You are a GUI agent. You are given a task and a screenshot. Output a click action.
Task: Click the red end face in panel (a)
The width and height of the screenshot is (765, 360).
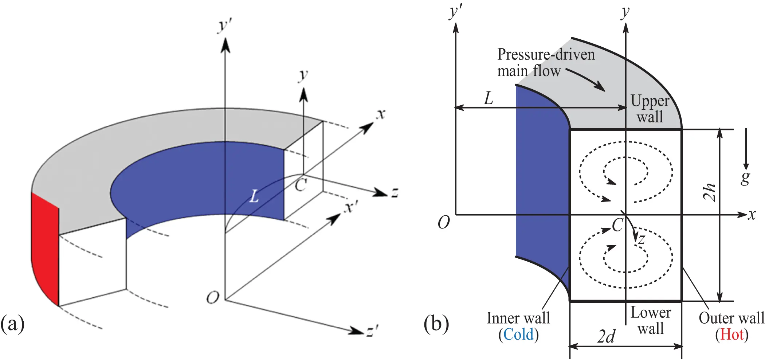coord(44,248)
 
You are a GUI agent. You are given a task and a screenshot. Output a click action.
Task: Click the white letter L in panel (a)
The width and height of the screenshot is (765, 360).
coord(254,197)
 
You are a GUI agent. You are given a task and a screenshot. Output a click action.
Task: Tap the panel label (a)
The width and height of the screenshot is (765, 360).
coord(12,324)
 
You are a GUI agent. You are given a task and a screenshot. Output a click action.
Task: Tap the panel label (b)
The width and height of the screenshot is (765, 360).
coord(436,324)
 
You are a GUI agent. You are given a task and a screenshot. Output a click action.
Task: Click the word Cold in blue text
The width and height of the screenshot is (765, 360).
coord(518,334)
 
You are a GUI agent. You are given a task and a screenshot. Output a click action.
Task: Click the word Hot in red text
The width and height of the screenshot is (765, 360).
coord(731,334)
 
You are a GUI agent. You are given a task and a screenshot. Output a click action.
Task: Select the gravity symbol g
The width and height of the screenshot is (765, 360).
coord(745,177)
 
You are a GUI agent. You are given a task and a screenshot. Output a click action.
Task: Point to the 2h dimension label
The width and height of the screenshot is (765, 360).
coord(709,192)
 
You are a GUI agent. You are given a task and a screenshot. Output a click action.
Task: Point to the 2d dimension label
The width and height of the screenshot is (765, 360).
coord(607,336)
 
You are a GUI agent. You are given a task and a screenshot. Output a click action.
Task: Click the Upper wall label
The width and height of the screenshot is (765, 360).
coord(650,109)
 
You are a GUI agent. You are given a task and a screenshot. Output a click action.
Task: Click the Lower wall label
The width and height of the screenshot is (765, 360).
coord(651,320)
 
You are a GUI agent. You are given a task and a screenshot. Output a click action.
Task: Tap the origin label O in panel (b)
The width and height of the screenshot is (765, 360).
coord(444,222)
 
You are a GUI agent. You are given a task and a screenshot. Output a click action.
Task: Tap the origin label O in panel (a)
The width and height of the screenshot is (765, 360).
coord(213,298)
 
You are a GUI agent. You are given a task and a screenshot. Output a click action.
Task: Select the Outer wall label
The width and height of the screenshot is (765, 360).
coord(731,318)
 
